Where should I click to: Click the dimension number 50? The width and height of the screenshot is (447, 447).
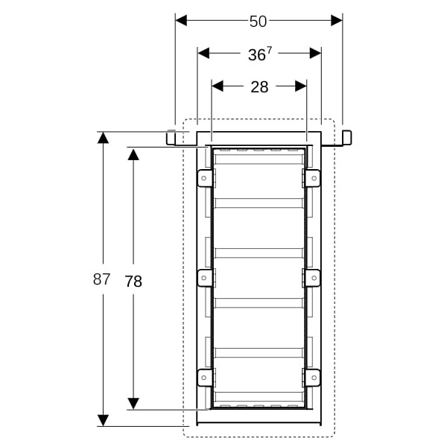258,22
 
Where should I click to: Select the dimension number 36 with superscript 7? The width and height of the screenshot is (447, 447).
260,54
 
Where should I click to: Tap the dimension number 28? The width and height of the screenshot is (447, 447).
259,87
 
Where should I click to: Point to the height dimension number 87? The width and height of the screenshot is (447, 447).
101,279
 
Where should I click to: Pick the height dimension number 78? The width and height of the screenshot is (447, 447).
133,282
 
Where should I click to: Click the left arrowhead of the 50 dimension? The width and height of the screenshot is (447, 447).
181,21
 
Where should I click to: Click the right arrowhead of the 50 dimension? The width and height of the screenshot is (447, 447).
337,21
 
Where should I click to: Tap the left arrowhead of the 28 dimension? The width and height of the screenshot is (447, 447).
218,86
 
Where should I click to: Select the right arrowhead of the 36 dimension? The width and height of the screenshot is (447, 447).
316,54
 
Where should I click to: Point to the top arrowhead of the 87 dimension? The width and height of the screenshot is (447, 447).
103,137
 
